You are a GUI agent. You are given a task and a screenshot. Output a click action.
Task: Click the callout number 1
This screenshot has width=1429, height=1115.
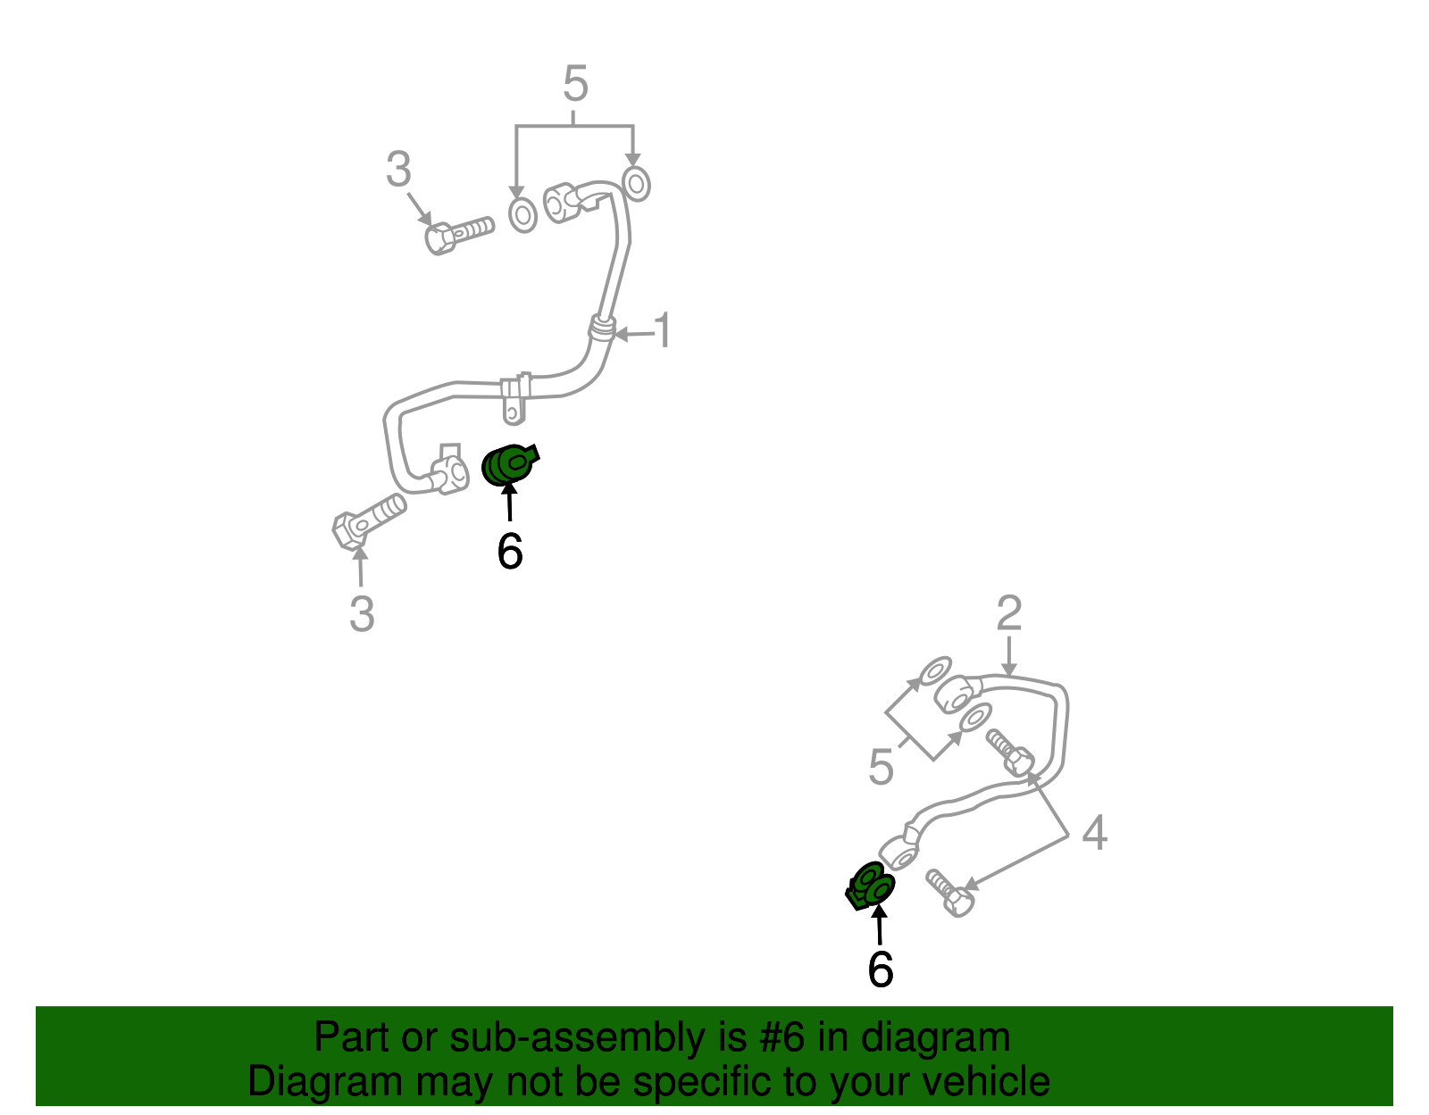tap(662, 331)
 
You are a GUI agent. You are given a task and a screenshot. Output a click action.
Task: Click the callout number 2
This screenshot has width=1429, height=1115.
tap(1008, 614)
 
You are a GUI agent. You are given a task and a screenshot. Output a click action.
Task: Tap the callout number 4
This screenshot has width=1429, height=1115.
tap(1094, 833)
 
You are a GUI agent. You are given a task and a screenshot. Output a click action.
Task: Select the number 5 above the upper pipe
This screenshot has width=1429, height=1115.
tap(575, 85)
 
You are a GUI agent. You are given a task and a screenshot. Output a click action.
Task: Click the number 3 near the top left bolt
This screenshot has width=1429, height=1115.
tap(398, 170)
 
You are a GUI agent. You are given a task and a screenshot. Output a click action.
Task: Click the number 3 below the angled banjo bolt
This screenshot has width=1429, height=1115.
tap(361, 614)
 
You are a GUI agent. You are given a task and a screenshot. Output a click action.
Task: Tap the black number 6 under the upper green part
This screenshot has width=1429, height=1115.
tap(509, 552)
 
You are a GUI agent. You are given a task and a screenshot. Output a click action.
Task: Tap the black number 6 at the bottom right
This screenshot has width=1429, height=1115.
tap(880, 969)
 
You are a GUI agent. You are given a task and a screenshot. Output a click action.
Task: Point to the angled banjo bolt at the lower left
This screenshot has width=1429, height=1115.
tap(367, 520)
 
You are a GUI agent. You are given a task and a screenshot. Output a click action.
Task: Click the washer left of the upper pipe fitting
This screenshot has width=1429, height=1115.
tap(522, 215)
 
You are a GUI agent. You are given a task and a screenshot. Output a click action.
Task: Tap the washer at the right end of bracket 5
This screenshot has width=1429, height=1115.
tap(636, 183)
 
